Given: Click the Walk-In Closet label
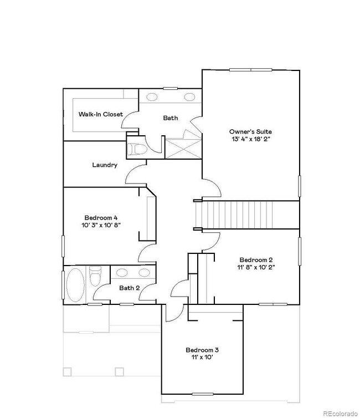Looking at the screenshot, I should point(100,114).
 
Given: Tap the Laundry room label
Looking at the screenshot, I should point(104,165).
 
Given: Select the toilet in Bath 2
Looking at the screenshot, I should point(96,276).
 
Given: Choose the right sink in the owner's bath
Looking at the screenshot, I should point(189,97).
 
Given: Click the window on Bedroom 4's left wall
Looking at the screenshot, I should point(63,246).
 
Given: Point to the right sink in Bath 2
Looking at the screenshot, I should point(144,272).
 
